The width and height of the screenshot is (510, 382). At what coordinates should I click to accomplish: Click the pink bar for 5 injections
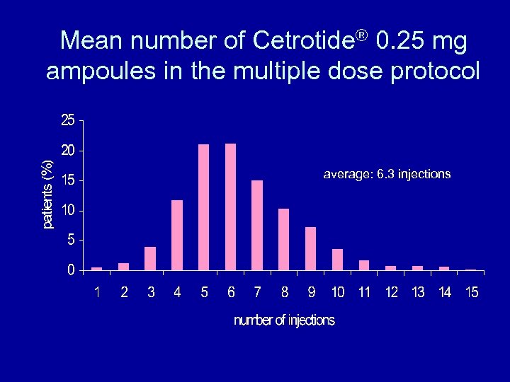[x=204, y=207]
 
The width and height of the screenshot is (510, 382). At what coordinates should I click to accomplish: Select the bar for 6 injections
[x=230, y=207]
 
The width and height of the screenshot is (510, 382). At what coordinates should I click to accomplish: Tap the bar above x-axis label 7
[x=257, y=225]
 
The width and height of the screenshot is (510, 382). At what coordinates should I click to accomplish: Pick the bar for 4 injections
[x=177, y=235]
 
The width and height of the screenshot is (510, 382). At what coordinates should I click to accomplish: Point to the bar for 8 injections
[x=284, y=239]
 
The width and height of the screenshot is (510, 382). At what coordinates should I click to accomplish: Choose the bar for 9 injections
[x=310, y=248]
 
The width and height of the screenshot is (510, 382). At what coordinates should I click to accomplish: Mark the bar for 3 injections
[x=150, y=258]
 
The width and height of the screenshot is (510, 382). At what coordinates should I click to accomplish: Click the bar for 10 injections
[x=337, y=259]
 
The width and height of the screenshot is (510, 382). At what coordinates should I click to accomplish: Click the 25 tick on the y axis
[x=67, y=121]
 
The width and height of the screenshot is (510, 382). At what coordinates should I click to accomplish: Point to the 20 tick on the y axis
[x=67, y=151]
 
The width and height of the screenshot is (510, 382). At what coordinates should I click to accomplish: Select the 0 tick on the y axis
[x=71, y=270]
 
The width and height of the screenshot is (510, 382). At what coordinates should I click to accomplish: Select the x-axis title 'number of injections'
[x=284, y=320]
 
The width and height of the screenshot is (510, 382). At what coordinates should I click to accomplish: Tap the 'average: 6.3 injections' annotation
[x=387, y=174]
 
